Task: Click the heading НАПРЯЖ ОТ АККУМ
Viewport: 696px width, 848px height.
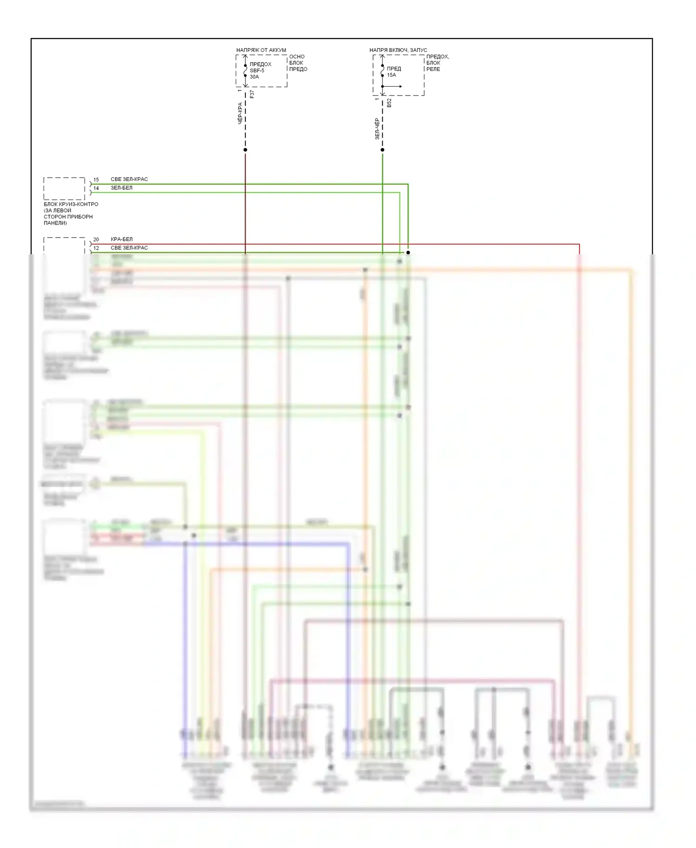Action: tap(261, 50)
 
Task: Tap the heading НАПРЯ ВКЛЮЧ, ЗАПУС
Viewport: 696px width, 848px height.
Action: tap(398, 50)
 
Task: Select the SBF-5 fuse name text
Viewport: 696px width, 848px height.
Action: tap(257, 71)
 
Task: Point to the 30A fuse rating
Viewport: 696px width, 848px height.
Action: tap(254, 77)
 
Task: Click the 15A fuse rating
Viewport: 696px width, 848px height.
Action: tap(392, 75)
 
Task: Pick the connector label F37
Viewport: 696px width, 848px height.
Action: tap(252, 94)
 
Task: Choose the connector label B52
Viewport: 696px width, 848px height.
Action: tap(389, 103)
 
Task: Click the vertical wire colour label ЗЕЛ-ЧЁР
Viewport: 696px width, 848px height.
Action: tap(377, 128)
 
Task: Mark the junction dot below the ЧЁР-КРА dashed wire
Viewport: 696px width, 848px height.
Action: tap(245, 150)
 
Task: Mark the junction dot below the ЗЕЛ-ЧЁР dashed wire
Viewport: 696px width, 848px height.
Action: tap(382, 150)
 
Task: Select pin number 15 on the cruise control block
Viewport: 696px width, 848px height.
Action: tap(96, 180)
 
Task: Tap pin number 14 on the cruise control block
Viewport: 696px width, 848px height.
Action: tap(96, 188)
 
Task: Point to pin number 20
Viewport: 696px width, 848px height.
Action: tap(96, 239)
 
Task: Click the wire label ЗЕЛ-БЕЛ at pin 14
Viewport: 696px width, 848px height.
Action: tap(122, 188)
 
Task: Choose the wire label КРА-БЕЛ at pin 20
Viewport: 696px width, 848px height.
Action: tap(122, 239)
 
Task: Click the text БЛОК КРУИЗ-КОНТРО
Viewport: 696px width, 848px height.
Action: tap(71, 204)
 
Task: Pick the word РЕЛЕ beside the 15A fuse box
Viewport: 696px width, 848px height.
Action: tap(433, 69)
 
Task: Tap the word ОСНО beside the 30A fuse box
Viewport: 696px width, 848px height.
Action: tap(296, 57)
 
